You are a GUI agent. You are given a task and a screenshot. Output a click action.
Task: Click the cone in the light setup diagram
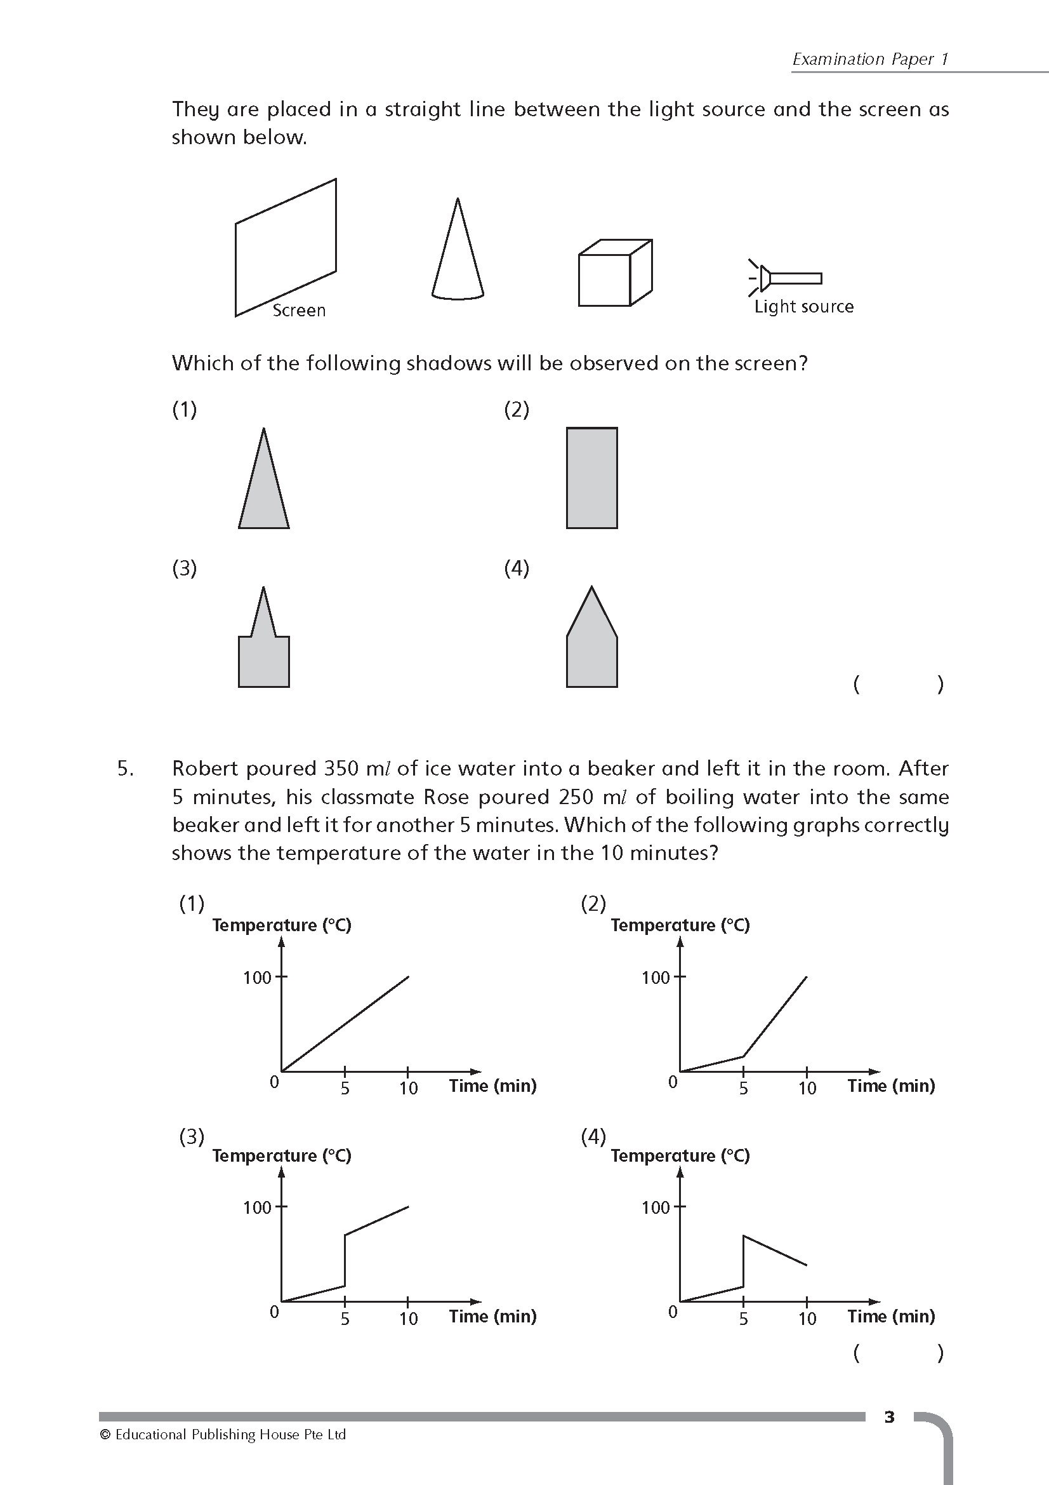pyautogui.click(x=458, y=259)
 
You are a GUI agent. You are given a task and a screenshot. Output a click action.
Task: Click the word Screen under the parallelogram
pyautogui.click(x=299, y=311)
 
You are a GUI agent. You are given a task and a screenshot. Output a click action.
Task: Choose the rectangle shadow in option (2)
pyautogui.click(x=591, y=478)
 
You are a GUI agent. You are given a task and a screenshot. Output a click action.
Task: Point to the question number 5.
pyautogui.click(x=126, y=769)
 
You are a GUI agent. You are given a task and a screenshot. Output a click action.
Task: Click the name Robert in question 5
pyautogui.click(x=206, y=769)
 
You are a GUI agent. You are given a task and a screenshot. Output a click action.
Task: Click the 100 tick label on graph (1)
pyautogui.click(x=256, y=978)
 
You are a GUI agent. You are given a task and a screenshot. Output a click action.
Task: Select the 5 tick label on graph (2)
pyautogui.click(x=743, y=1089)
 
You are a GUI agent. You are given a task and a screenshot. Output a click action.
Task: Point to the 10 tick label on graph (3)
pyautogui.click(x=408, y=1319)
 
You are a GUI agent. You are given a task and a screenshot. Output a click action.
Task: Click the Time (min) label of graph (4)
pyautogui.click(x=890, y=1316)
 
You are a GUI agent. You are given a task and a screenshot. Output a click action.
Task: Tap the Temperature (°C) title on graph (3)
pyautogui.click(x=281, y=1156)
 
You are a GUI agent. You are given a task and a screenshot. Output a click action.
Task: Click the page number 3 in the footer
pyautogui.click(x=889, y=1417)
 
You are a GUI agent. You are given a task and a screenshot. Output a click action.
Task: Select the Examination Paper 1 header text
pyautogui.click(x=870, y=59)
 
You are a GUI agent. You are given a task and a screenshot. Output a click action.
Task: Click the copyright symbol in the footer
pyautogui.click(x=105, y=1435)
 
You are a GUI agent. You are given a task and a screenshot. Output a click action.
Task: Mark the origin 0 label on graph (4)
pyautogui.click(x=672, y=1312)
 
